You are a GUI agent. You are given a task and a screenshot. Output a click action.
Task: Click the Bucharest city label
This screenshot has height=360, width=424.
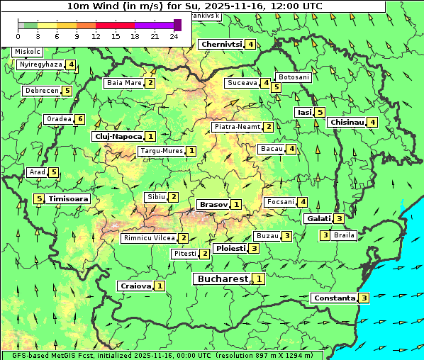click(x=222, y=279)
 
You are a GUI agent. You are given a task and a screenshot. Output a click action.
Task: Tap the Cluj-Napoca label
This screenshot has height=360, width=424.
click(x=117, y=136)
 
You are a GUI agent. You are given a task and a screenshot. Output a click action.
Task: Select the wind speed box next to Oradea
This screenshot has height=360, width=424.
click(x=80, y=119)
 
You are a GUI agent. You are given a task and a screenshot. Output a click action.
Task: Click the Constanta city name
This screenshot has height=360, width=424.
click(x=334, y=298)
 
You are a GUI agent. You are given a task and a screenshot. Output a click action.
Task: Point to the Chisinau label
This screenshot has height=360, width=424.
click(x=347, y=123)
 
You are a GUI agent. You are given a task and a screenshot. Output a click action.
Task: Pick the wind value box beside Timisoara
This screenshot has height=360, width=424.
click(x=39, y=199)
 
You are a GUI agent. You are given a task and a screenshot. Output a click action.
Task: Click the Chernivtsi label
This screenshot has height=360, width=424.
click(x=222, y=45)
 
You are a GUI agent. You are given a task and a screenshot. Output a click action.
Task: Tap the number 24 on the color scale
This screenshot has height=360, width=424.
click(x=174, y=36)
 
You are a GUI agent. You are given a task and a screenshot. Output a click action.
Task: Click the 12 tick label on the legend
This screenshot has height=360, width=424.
click(x=96, y=36)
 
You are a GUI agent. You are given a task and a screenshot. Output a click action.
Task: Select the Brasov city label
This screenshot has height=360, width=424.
click(x=213, y=205)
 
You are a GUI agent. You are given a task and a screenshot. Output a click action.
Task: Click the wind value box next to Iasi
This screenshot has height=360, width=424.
click(x=320, y=112)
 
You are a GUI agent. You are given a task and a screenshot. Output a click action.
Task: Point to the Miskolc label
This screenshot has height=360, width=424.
click(x=28, y=52)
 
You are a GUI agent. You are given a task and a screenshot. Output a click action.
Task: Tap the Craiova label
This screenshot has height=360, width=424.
click(x=135, y=286)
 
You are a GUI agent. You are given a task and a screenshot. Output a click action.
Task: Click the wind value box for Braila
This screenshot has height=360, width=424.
click(x=325, y=235)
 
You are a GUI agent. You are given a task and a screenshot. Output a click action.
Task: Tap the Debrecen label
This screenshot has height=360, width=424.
click(x=41, y=91)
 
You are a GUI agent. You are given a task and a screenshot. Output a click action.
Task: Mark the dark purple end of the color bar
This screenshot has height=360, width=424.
click(x=177, y=25)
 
